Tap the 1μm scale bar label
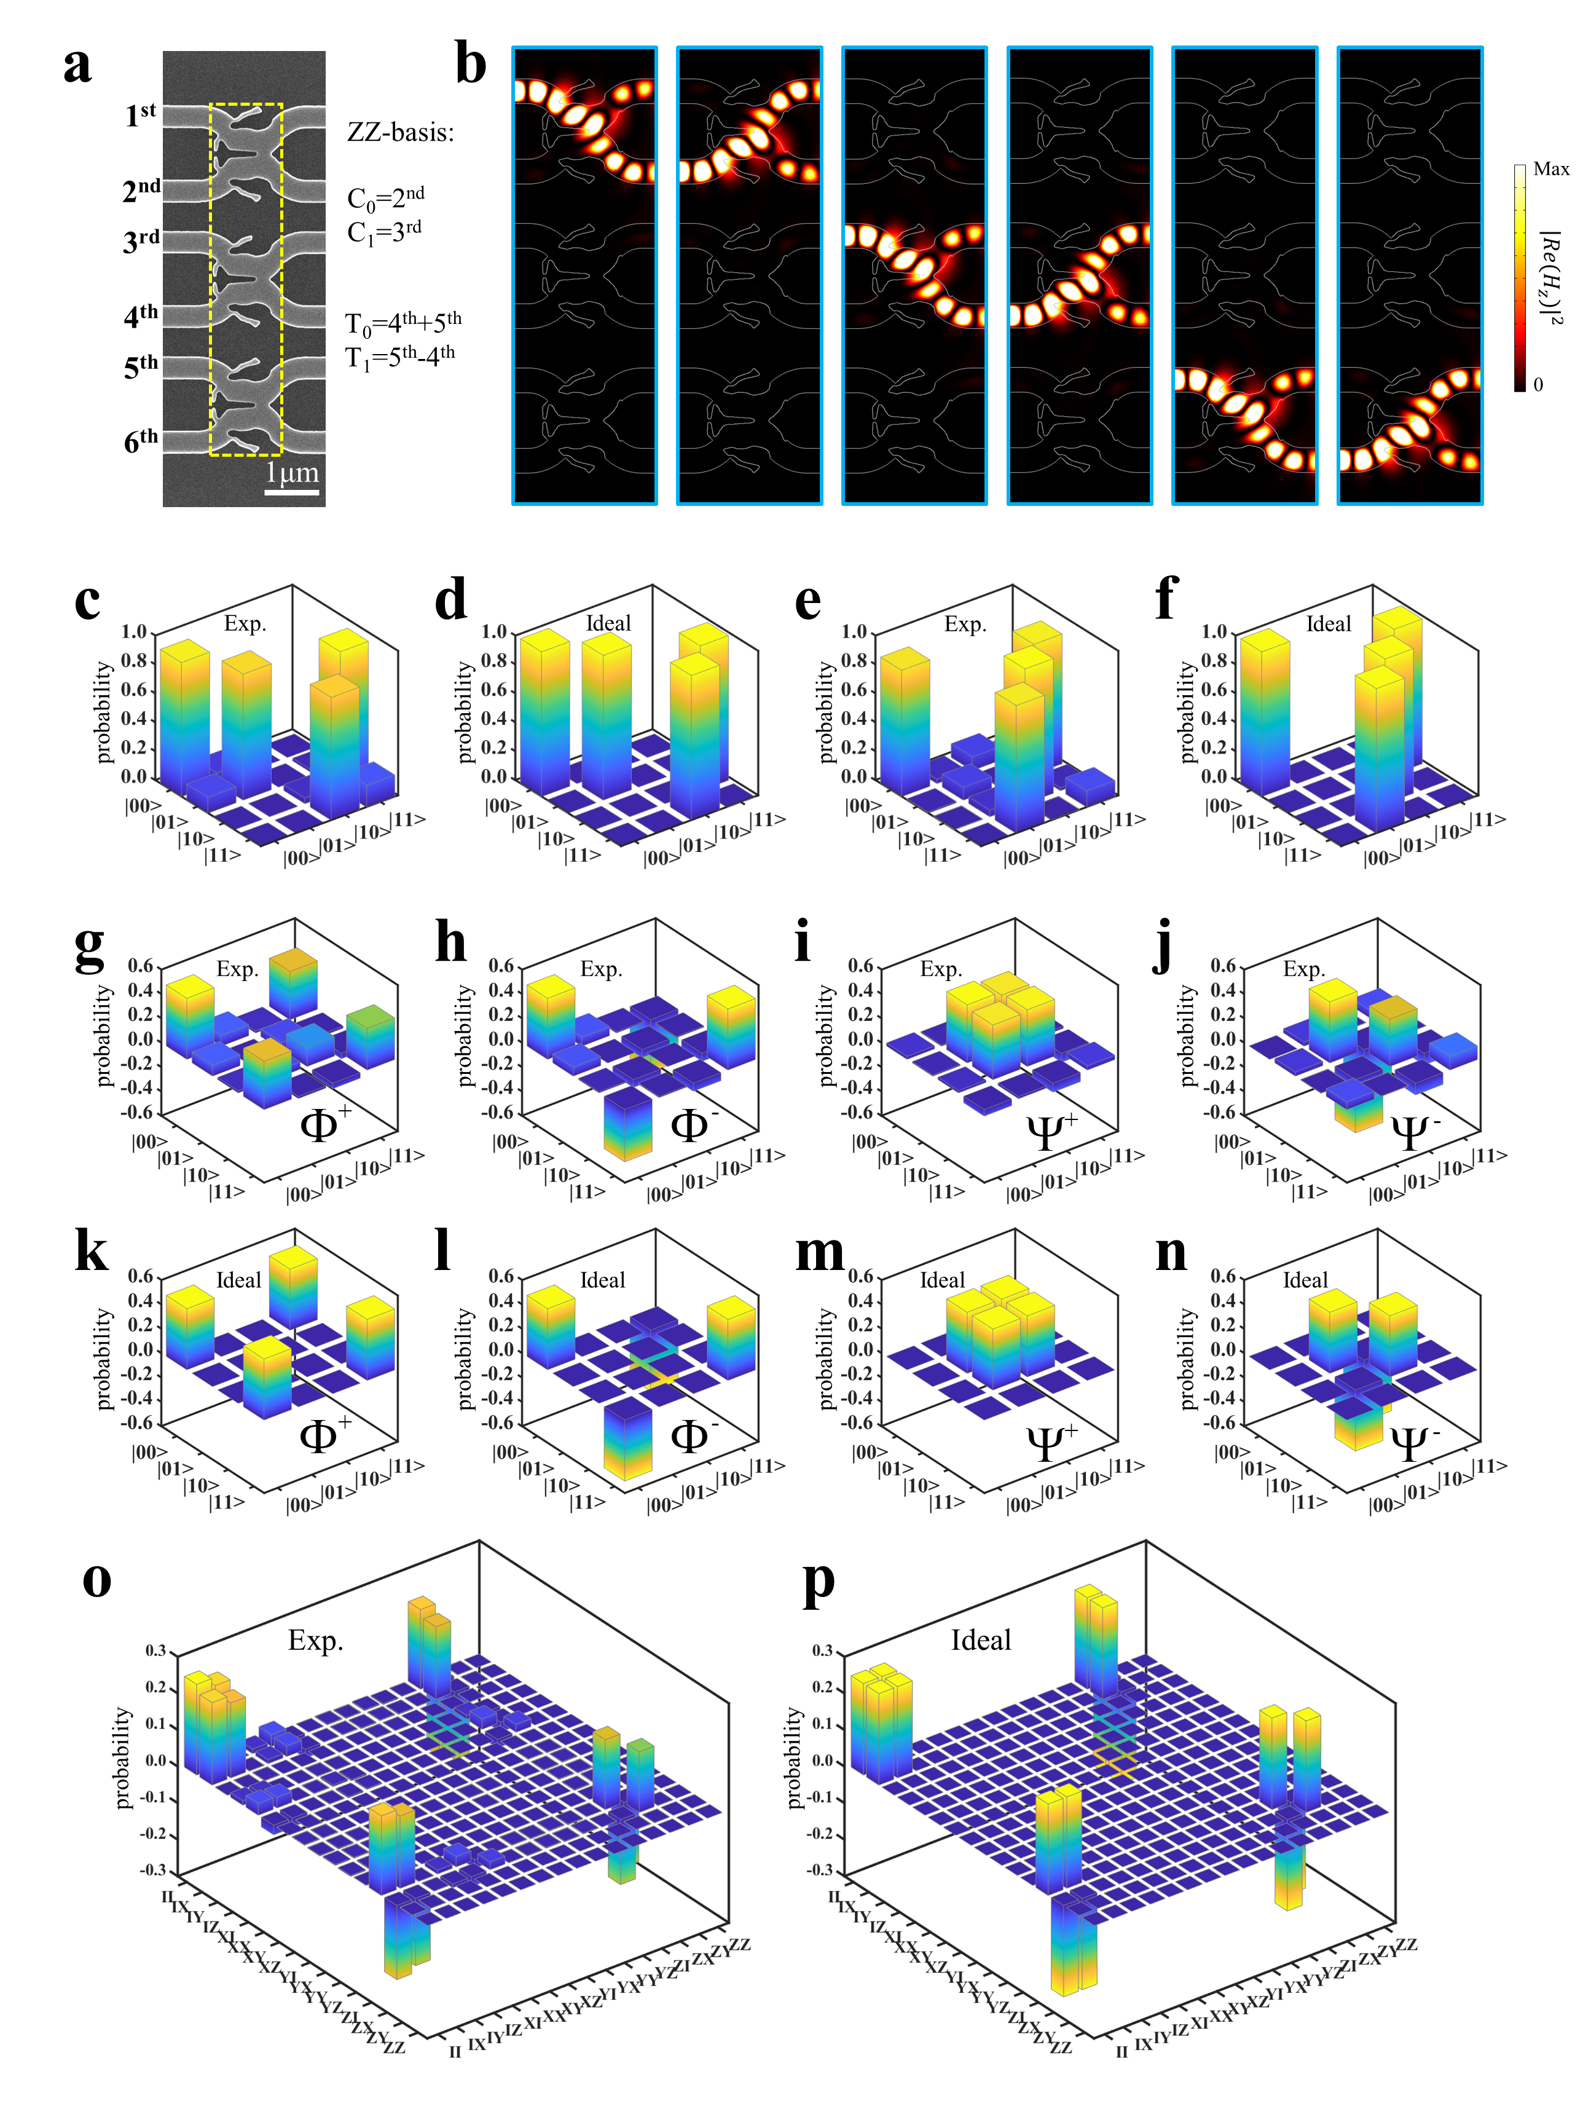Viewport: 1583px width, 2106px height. point(291,473)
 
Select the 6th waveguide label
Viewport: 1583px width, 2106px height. point(141,440)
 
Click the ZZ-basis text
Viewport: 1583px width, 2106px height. point(400,132)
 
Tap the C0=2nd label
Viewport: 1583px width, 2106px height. point(385,197)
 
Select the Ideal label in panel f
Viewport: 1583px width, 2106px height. point(1328,623)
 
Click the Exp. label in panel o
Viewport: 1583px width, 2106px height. point(315,1641)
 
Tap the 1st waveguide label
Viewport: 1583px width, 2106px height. point(140,115)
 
